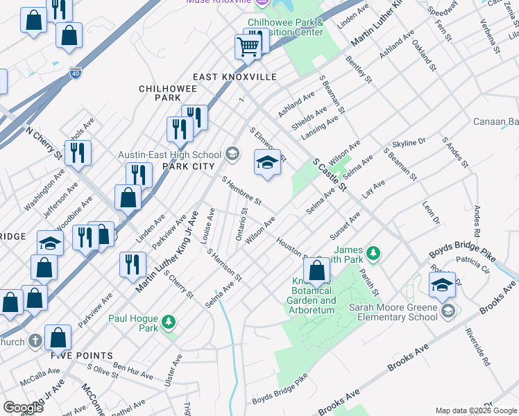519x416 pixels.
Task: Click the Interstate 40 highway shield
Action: (x=76, y=71)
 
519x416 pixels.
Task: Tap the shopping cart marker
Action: (x=248, y=46)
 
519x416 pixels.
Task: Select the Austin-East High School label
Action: (x=169, y=155)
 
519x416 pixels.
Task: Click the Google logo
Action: (x=24, y=407)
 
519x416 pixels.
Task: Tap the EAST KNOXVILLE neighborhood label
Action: (x=235, y=77)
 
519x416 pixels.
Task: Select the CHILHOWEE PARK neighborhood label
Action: (x=160, y=94)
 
